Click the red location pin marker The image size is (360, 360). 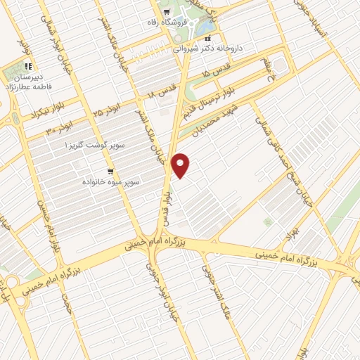pos(181,165)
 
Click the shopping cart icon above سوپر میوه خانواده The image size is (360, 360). pos(110,171)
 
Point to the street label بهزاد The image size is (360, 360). pos(286,229)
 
